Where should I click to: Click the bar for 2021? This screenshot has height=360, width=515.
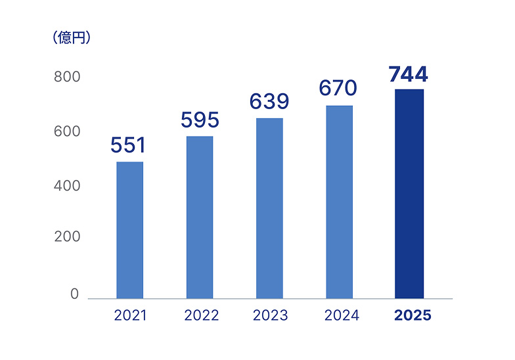(x=129, y=230)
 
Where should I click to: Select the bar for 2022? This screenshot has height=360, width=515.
(x=200, y=217)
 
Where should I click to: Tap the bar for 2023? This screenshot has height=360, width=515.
(x=269, y=208)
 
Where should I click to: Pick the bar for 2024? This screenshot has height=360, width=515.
(x=340, y=202)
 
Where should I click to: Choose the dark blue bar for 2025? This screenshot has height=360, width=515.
(x=409, y=194)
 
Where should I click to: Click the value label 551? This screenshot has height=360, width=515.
(x=128, y=145)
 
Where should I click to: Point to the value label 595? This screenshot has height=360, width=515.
(x=200, y=120)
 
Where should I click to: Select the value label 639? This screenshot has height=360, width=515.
(x=269, y=102)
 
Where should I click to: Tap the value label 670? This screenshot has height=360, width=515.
(x=338, y=88)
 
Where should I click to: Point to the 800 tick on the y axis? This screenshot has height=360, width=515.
(x=67, y=77)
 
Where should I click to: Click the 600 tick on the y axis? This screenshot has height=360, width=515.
(x=67, y=131)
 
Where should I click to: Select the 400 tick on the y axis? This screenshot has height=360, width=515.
(x=67, y=186)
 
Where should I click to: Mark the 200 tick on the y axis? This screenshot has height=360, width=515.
(x=67, y=236)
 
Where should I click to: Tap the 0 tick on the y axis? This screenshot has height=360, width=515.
(x=75, y=294)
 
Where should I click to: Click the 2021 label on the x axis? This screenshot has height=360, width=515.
(x=130, y=315)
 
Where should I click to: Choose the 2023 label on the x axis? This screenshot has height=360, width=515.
(x=270, y=315)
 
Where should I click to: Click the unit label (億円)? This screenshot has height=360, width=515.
(x=72, y=38)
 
